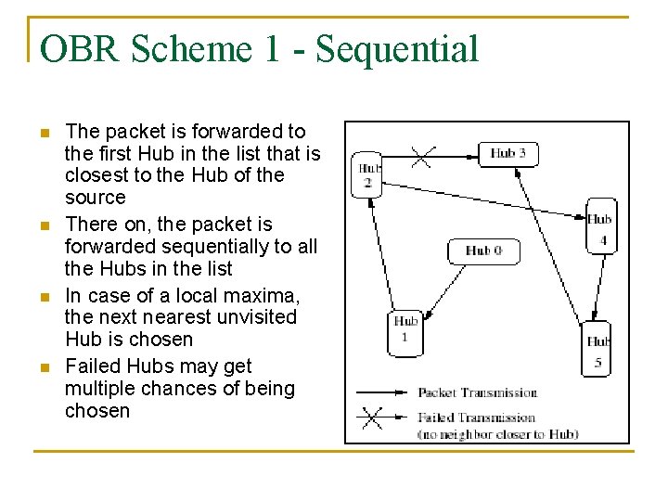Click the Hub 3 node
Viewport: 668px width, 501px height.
click(x=507, y=153)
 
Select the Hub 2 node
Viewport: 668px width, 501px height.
click(x=367, y=174)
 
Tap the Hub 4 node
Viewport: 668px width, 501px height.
click(x=600, y=226)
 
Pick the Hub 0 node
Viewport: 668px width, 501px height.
click(x=483, y=250)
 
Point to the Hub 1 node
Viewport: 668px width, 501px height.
click(x=405, y=331)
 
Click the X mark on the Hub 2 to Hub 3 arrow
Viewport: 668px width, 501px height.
click(x=421, y=156)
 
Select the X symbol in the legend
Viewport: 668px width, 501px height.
click(x=371, y=417)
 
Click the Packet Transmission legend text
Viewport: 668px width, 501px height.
click(x=477, y=392)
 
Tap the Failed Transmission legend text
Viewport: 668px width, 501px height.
click(x=476, y=417)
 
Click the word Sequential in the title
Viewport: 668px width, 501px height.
click(x=397, y=49)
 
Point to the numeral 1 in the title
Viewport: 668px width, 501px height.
click(x=271, y=49)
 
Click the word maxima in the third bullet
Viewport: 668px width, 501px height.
click(x=262, y=295)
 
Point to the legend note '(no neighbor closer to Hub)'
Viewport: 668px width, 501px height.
click(x=497, y=433)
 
